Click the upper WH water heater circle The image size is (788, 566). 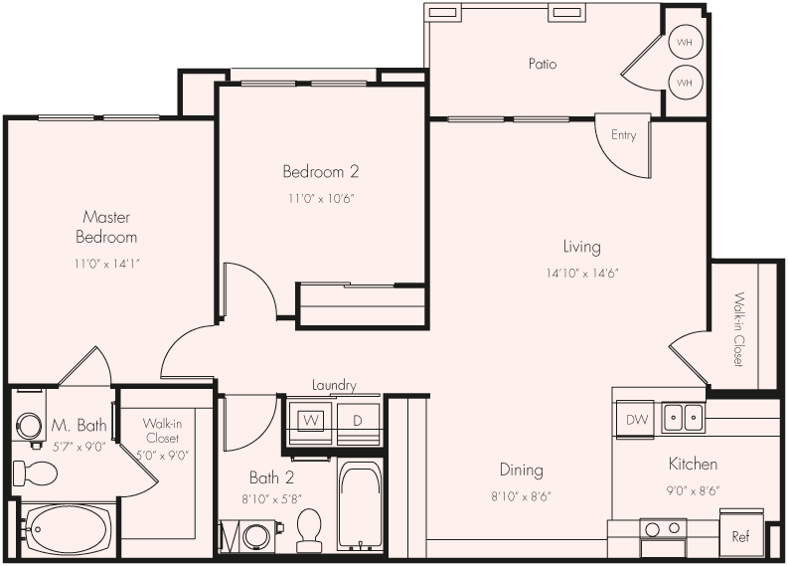pos(684,43)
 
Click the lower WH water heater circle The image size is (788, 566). pos(684,82)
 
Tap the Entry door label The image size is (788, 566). pos(623,135)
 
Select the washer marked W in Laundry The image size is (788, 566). pos(310,420)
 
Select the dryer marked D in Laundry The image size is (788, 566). pos(357,420)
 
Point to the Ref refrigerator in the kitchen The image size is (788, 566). pos(741,535)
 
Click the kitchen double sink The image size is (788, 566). pos(684,417)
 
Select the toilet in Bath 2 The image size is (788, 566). pos(310,529)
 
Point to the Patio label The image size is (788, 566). pos(542,64)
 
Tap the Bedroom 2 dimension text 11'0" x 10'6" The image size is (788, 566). pos(321,198)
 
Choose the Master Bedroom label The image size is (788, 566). pos(106,227)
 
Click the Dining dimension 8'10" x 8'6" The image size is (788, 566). pos(521,495)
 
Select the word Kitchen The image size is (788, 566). pos(692,464)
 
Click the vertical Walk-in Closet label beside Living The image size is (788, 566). pos(738,328)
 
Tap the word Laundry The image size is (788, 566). pos(333,385)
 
